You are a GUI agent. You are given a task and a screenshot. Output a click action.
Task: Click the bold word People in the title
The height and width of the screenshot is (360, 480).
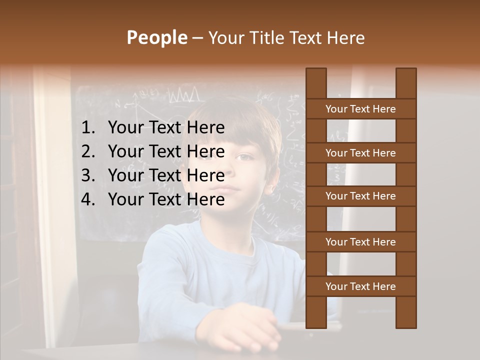pos(156,37)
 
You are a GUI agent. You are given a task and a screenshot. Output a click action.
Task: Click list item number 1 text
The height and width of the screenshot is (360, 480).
pos(166,128)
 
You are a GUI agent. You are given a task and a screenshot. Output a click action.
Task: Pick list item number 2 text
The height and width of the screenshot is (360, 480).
pos(166,151)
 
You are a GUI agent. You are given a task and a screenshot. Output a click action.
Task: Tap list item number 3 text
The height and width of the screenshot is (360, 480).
pos(166,175)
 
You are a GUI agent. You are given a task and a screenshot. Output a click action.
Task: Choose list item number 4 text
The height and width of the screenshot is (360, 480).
pos(166,199)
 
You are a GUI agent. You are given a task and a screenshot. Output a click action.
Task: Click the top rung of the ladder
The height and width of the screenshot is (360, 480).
pos(360,109)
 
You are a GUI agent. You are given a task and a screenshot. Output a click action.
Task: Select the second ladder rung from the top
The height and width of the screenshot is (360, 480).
pos(360,153)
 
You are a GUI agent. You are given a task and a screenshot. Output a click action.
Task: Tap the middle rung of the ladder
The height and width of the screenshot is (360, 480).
pos(360,196)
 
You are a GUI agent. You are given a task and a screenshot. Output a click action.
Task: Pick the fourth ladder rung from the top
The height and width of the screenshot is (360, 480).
pos(360,242)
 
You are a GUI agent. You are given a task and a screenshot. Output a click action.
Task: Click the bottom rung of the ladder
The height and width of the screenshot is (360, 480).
pos(360,286)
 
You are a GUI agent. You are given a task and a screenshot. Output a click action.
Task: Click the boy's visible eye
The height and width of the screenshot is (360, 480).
pos(243,157)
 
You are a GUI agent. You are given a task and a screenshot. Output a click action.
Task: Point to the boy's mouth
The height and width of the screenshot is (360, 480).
pos(229,189)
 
